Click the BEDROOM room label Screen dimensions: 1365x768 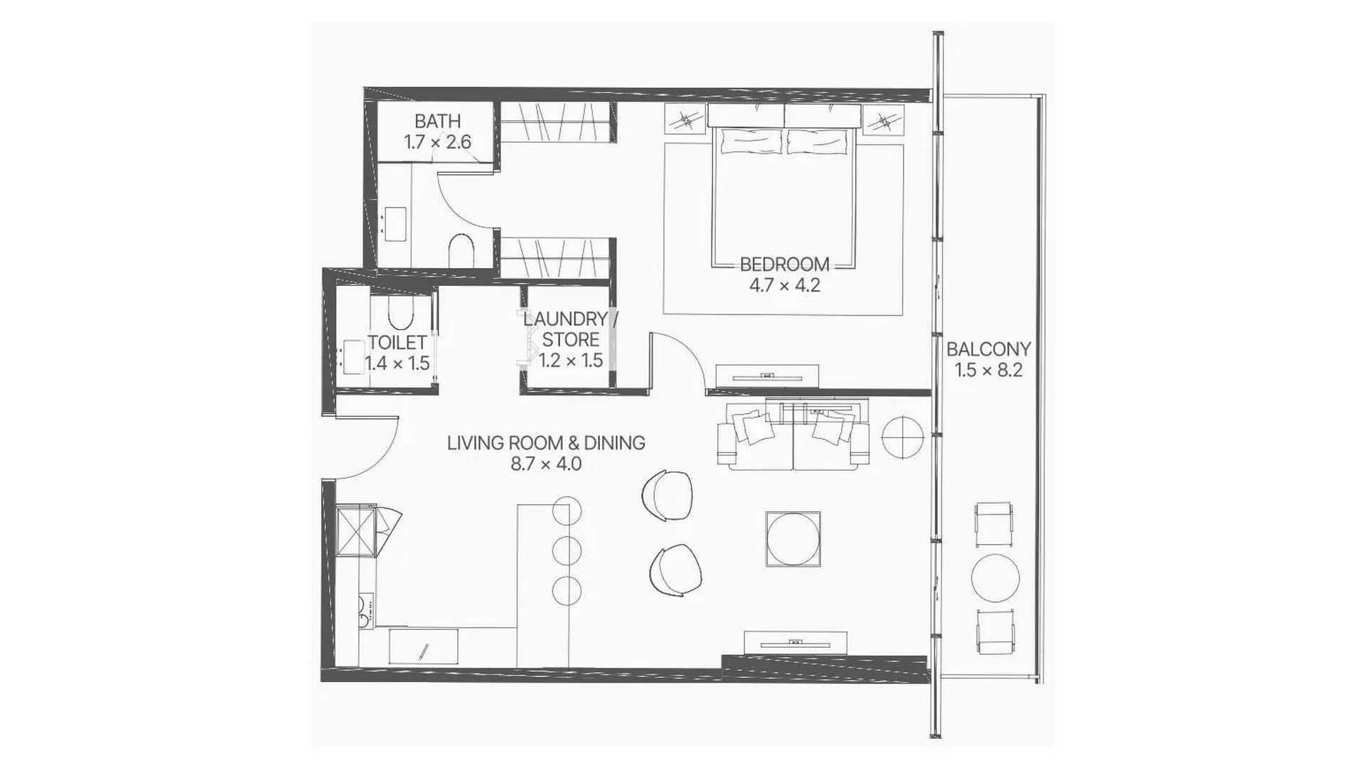784,265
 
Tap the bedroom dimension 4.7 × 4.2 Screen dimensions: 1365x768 784,286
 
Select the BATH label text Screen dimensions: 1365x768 437,121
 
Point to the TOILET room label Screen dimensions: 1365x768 397,343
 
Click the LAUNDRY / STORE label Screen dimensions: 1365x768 571,329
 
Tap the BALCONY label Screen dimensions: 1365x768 988,349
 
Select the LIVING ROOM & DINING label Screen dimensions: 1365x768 546,443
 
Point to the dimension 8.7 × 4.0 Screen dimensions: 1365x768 546,464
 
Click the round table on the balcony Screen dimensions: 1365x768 995,578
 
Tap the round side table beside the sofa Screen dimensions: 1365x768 902,437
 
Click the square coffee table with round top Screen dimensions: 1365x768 793,539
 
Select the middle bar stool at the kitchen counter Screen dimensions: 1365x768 567,550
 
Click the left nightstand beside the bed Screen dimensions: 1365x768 685,119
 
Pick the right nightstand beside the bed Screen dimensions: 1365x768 884,119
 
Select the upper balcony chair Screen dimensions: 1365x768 994,523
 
